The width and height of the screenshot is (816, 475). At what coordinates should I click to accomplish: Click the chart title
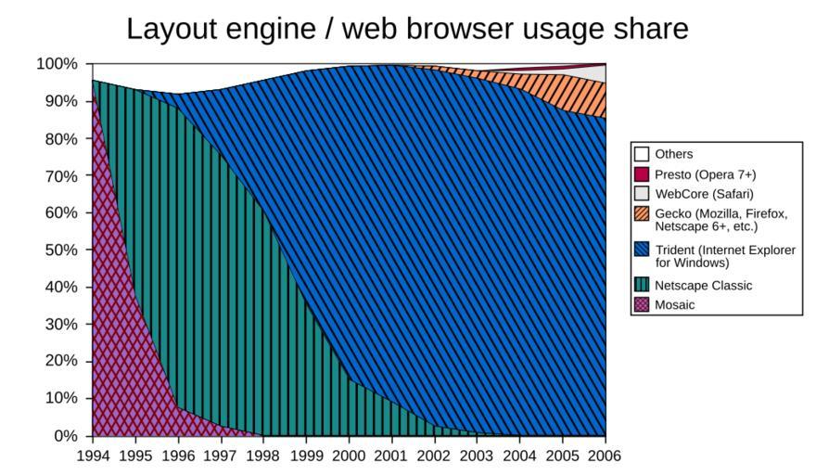(x=407, y=29)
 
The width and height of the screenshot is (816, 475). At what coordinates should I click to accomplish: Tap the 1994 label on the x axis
(x=93, y=456)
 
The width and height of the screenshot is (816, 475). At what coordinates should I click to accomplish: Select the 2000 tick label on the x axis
(x=349, y=456)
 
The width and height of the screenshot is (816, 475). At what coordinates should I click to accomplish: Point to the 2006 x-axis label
(x=605, y=456)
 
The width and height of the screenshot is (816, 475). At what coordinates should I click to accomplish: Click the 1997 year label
(x=221, y=456)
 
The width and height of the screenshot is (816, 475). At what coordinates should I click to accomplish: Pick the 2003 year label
(x=477, y=456)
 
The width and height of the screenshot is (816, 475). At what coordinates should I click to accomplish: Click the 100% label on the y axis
(x=57, y=64)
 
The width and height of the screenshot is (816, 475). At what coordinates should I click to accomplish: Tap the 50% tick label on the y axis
(x=61, y=250)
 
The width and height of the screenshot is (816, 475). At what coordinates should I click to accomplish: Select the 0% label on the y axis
(x=65, y=435)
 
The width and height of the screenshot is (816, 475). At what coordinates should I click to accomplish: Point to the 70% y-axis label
(x=61, y=175)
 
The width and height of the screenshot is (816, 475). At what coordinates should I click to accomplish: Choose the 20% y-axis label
(x=61, y=361)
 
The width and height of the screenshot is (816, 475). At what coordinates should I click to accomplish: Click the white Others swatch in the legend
(x=642, y=154)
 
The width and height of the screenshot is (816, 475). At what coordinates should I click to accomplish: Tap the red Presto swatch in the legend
(x=642, y=174)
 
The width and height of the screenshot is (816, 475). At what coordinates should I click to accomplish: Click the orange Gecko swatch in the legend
(x=642, y=214)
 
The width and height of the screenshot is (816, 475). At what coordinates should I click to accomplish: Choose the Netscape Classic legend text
(x=703, y=285)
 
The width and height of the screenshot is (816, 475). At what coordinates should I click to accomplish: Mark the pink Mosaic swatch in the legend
(x=642, y=304)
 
